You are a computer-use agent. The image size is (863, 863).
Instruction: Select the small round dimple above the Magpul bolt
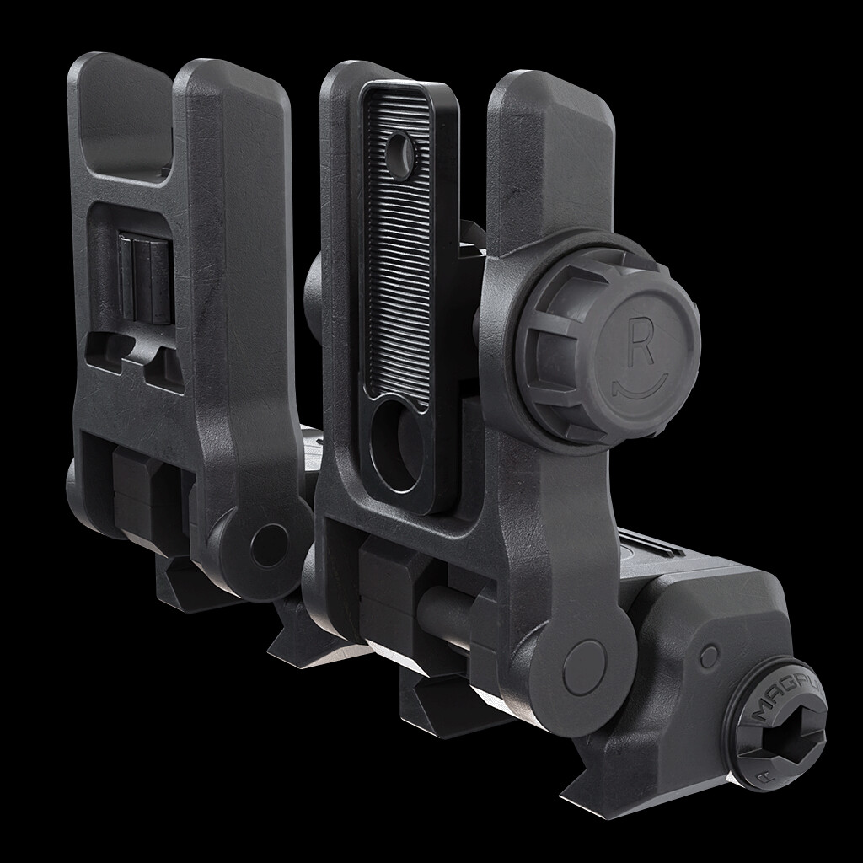coord(710,655)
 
